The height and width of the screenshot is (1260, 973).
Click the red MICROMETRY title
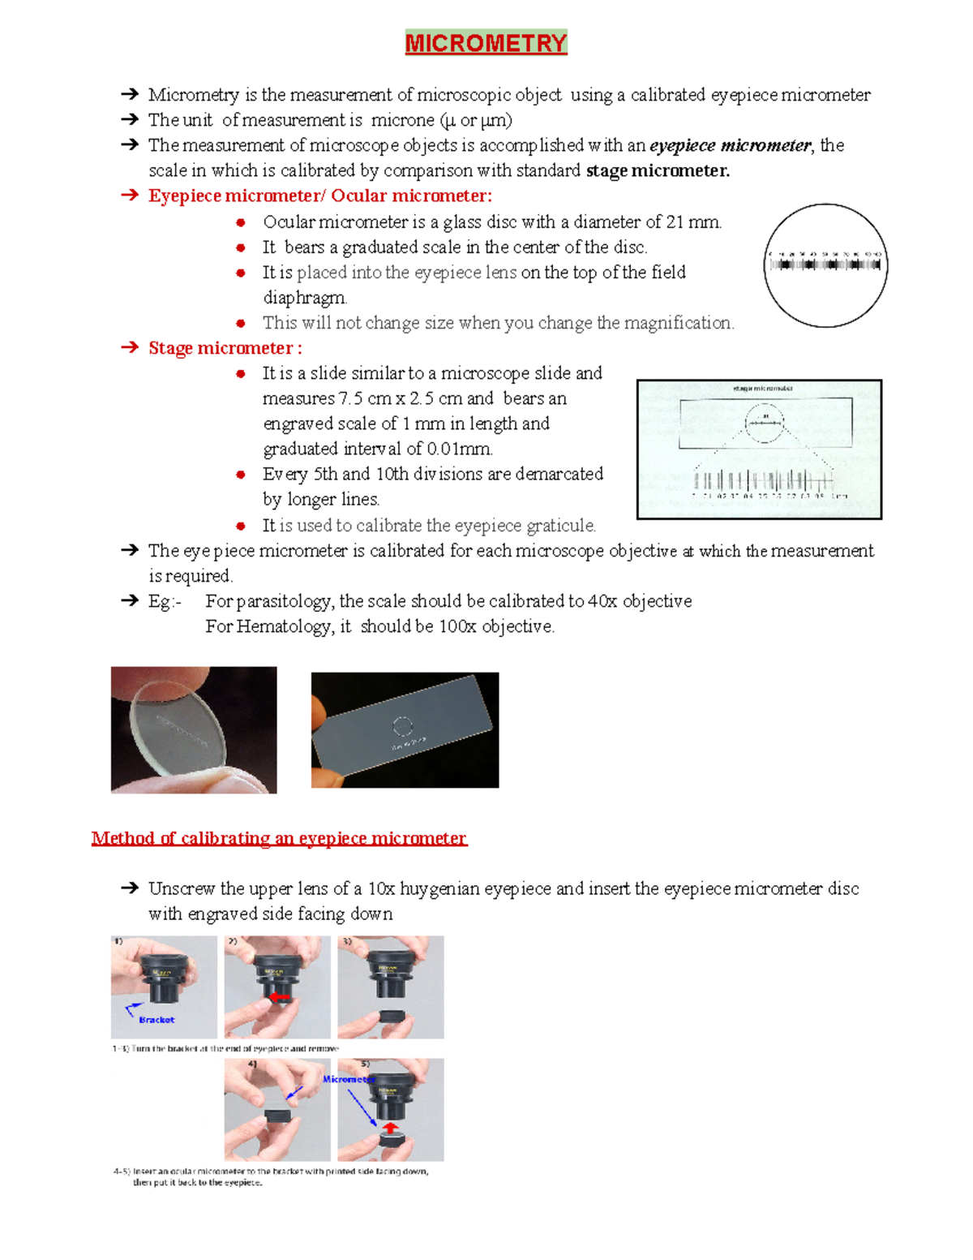486,42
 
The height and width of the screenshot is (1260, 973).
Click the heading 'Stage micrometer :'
225,348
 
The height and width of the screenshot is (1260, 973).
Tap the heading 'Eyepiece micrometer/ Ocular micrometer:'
319,196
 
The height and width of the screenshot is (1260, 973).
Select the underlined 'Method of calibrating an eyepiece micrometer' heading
279,838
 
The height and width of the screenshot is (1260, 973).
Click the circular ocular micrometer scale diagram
825,264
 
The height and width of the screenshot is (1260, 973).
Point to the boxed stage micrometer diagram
759,449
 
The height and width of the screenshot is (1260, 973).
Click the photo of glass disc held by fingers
194,729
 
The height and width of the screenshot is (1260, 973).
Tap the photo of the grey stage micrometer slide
405,729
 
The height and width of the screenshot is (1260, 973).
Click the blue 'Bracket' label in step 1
156,1020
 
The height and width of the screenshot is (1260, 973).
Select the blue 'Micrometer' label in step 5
348,1079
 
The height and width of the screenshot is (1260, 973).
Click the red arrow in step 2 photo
280,997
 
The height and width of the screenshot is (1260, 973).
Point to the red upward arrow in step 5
390,1128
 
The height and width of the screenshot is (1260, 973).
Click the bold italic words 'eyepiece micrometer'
730,146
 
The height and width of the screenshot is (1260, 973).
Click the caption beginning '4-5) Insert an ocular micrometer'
271,1172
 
